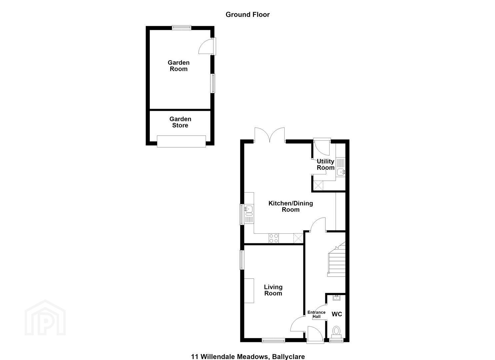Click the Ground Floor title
(x=247, y=15)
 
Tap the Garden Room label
(x=179, y=66)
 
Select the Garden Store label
(x=180, y=122)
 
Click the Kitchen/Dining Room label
(x=291, y=206)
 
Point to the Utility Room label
(x=326, y=164)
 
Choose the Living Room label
(x=273, y=290)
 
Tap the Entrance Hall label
(x=316, y=314)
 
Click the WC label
(x=337, y=314)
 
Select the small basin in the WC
(x=336, y=298)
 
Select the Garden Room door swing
(x=207, y=46)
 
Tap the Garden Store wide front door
(x=181, y=141)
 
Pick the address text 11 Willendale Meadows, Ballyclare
(x=248, y=356)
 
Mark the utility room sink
(x=341, y=172)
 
